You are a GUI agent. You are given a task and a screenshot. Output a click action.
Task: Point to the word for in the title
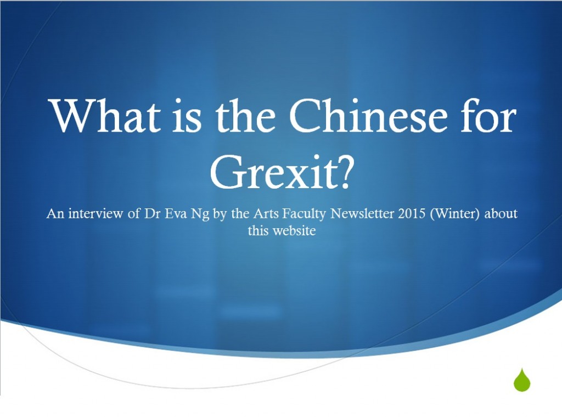488,115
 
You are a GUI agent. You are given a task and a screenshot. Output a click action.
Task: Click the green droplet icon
522,380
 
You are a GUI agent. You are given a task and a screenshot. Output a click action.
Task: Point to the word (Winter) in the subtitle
454,214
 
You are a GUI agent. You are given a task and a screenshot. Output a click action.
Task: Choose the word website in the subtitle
294,230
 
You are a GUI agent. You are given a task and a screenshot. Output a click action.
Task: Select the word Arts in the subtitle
266,213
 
